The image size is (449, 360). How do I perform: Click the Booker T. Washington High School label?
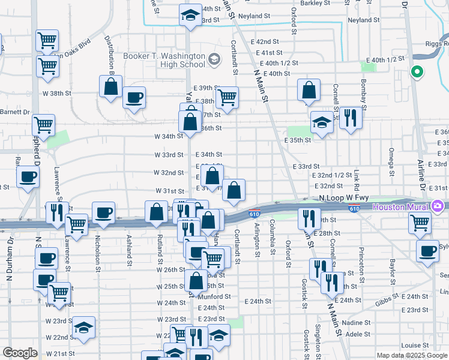(164, 60)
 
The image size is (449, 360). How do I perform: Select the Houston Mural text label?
(401, 207)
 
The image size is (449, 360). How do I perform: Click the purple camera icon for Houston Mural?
(437, 207)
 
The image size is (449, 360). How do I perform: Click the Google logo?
(20, 353)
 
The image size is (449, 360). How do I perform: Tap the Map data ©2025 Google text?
(411, 355)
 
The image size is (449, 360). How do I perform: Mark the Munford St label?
(215, 296)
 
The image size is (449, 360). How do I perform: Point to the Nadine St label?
(358, 323)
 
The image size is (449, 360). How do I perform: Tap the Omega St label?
(391, 158)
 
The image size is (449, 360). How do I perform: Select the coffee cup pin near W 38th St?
(134, 97)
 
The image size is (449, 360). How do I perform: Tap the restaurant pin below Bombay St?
(351, 118)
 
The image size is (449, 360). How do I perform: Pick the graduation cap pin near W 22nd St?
(83, 327)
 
